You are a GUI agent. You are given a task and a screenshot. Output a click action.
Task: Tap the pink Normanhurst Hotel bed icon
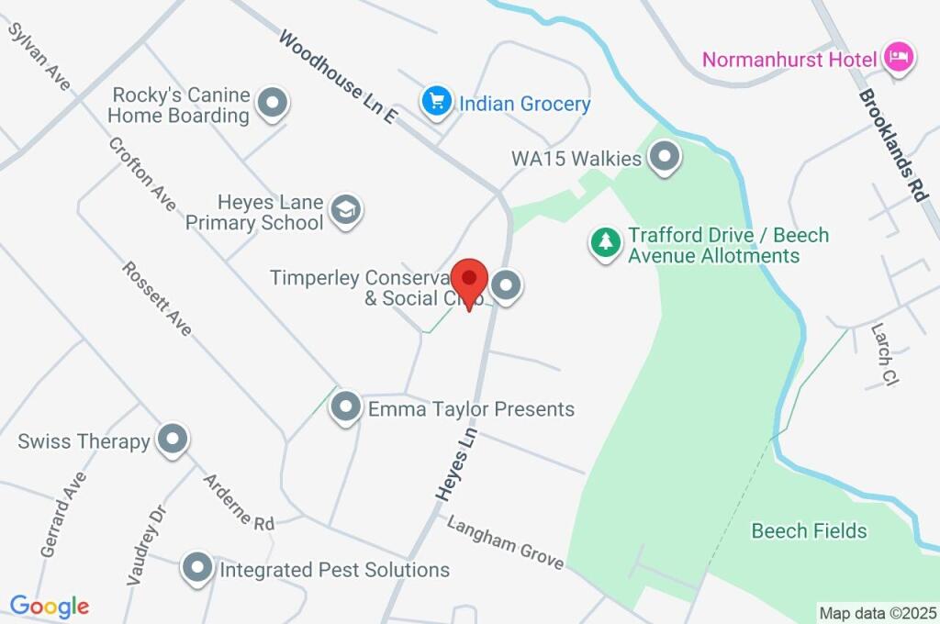click(898, 58)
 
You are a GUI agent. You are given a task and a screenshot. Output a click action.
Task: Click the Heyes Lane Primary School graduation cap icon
click(346, 210)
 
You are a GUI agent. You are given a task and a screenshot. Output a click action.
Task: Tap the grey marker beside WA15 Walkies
click(664, 157)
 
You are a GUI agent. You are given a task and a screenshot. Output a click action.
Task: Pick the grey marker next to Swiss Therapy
click(172, 440)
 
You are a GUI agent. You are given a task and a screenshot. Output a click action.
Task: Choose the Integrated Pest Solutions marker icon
click(197, 569)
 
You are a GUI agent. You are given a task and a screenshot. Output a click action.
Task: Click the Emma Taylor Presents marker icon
click(345, 407)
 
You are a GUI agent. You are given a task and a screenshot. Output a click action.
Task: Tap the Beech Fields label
click(809, 530)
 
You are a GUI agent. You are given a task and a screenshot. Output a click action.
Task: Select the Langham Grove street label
click(505, 541)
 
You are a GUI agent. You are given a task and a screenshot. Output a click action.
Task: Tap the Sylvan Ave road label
click(39, 56)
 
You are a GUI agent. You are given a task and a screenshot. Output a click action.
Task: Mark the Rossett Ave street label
click(158, 298)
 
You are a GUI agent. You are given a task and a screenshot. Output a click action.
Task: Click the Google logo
click(50, 606)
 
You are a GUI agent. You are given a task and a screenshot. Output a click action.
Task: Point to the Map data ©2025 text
click(878, 612)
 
